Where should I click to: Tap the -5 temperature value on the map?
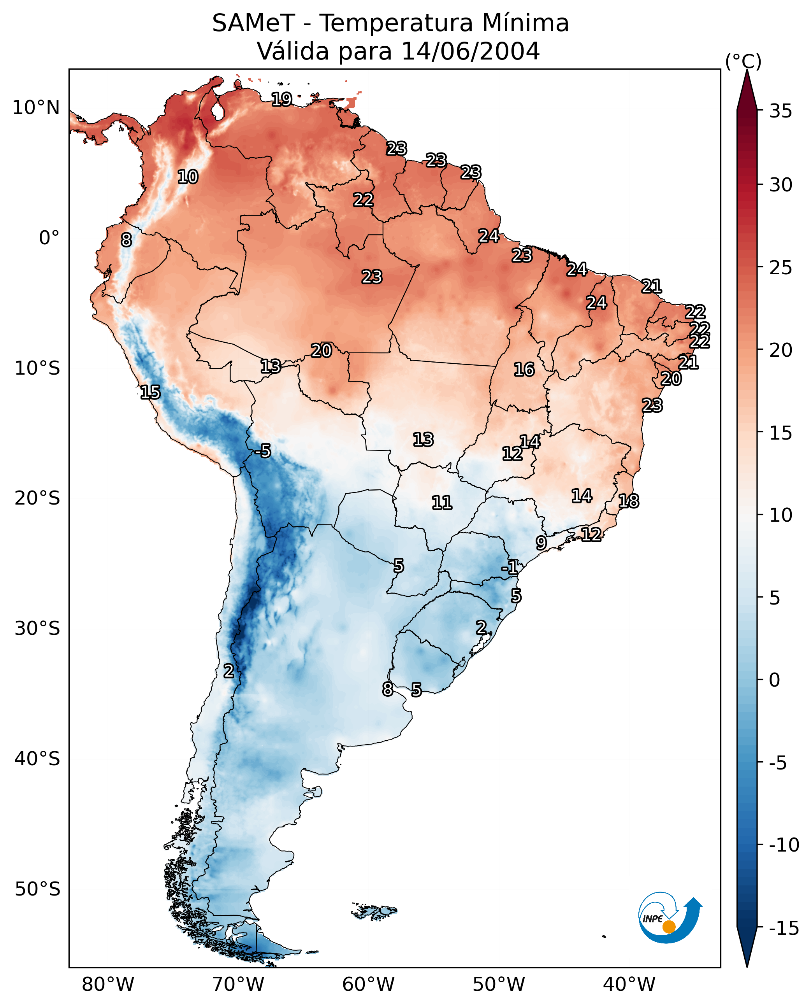pyautogui.click(x=263, y=451)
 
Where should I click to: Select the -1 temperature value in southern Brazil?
pyautogui.click(x=510, y=567)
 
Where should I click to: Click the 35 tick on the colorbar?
pyautogui.click(x=780, y=111)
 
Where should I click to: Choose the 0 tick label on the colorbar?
pyautogui.click(x=775, y=680)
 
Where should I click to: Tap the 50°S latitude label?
pyautogui.click(x=37, y=889)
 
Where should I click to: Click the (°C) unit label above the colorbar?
pyautogui.click(x=743, y=61)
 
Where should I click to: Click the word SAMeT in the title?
pyautogui.click(x=253, y=23)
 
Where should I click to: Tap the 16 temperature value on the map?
pyautogui.click(x=524, y=369)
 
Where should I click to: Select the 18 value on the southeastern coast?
pyautogui.click(x=629, y=501)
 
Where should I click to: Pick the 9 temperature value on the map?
pyautogui.click(x=541, y=543)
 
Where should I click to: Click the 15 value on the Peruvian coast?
pyautogui.click(x=150, y=392)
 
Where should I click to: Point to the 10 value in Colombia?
pyautogui.click(x=188, y=177)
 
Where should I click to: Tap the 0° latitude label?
pyautogui.click(x=49, y=238)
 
